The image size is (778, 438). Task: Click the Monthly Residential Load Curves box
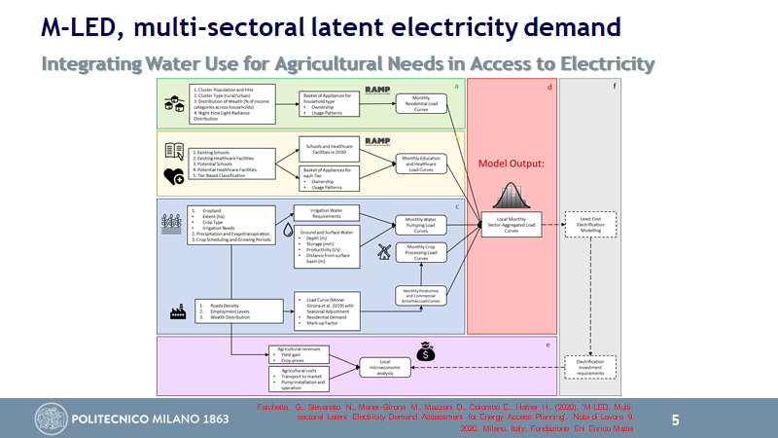pos(421,103)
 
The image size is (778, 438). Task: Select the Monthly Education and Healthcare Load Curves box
pos(421,164)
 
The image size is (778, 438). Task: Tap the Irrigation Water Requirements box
pos(328,213)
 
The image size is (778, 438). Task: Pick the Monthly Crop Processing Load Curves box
pos(421,253)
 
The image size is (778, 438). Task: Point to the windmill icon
pos(382,250)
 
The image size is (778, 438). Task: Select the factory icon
pos(178,312)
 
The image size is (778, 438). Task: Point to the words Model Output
pos(511,164)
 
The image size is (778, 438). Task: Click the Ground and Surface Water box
pos(328,247)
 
